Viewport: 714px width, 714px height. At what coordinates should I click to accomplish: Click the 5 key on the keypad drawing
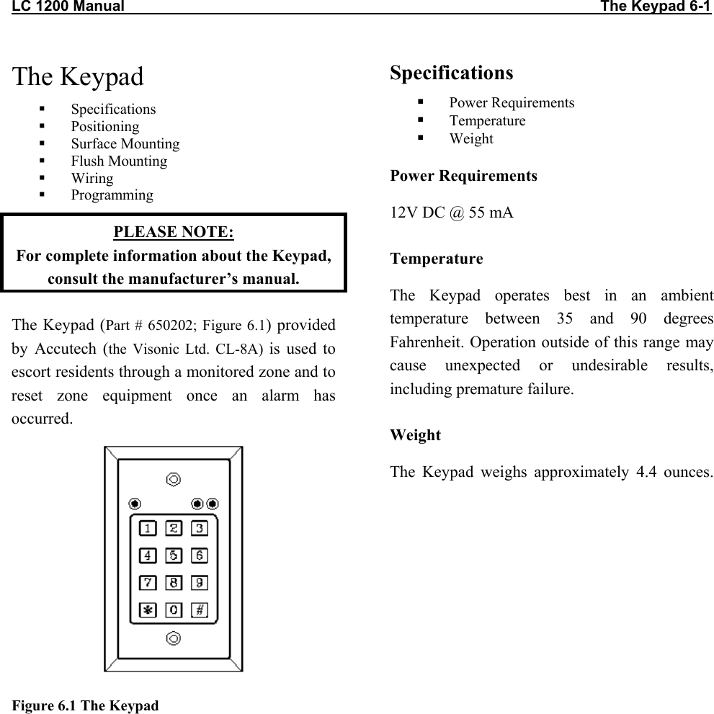pyautogui.click(x=174, y=555)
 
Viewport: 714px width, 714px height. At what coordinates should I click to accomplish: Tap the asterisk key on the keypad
pyautogui.click(x=148, y=610)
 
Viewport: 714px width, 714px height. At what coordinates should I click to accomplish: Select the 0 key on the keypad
pyautogui.click(x=174, y=610)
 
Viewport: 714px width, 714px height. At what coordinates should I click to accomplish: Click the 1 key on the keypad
pyautogui.click(x=148, y=528)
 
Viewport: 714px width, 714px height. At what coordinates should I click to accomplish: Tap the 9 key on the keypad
pyautogui.click(x=200, y=582)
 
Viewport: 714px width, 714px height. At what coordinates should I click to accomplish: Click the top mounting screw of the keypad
pyautogui.click(x=173, y=479)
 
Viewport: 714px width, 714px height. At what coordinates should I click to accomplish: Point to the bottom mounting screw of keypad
pyautogui.click(x=173, y=638)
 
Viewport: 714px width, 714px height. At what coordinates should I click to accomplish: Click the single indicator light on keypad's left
pyautogui.click(x=134, y=503)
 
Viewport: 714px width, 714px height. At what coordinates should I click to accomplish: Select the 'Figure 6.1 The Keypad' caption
pyautogui.click(x=85, y=705)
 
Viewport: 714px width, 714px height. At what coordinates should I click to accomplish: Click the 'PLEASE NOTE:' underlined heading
pyautogui.click(x=174, y=232)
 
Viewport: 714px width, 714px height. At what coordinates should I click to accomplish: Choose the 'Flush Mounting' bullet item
pyautogui.click(x=119, y=161)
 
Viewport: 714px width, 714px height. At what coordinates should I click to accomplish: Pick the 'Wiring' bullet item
pyautogui.click(x=92, y=179)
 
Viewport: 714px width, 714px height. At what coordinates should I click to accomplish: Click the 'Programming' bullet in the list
pyautogui.click(x=112, y=195)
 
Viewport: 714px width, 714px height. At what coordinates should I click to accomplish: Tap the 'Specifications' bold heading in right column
pyautogui.click(x=452, y=73)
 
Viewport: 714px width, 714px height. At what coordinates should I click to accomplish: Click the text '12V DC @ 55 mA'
pyautogui.click(x=452, y=213)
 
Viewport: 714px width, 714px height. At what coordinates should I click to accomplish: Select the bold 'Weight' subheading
pyautogui.click(x=415, y=435)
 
